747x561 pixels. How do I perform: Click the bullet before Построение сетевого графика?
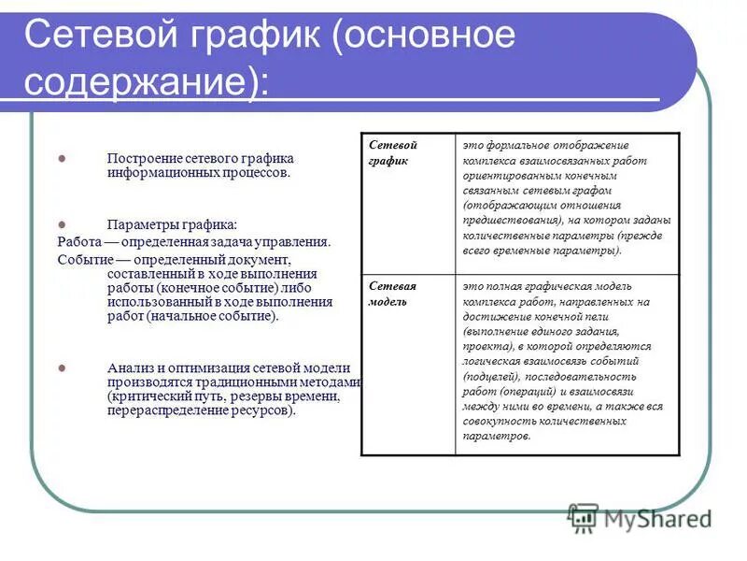63,158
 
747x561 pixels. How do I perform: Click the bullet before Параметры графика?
63,224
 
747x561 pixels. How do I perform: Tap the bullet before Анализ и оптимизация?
63,367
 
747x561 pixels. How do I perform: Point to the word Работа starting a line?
78,241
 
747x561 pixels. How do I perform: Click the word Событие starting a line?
82,258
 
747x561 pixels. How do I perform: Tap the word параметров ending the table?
496,436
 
